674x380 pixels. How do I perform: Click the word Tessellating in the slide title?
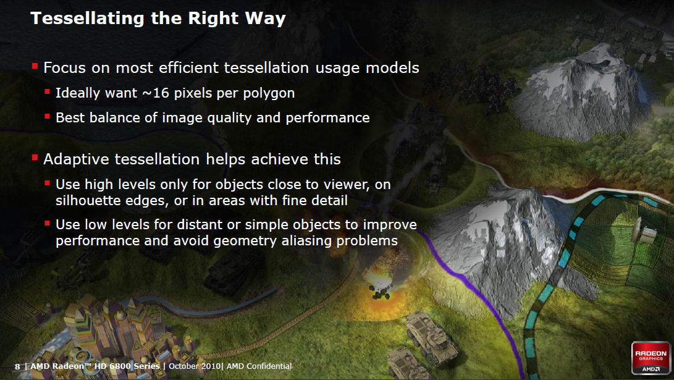pyautogui.click(x=87, y=19)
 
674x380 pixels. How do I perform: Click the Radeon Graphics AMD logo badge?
pyautogui.click(x=651, y=358)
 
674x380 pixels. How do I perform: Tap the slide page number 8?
pyautogui.click(x=17, y=366)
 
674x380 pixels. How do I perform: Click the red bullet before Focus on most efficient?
pyautogui.click(x=35, y=65)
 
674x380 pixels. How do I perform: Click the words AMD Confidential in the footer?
pyautogui.click(x=259, y=366)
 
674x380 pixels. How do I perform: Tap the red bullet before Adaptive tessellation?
pyautogui.click(x=35, y=158)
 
